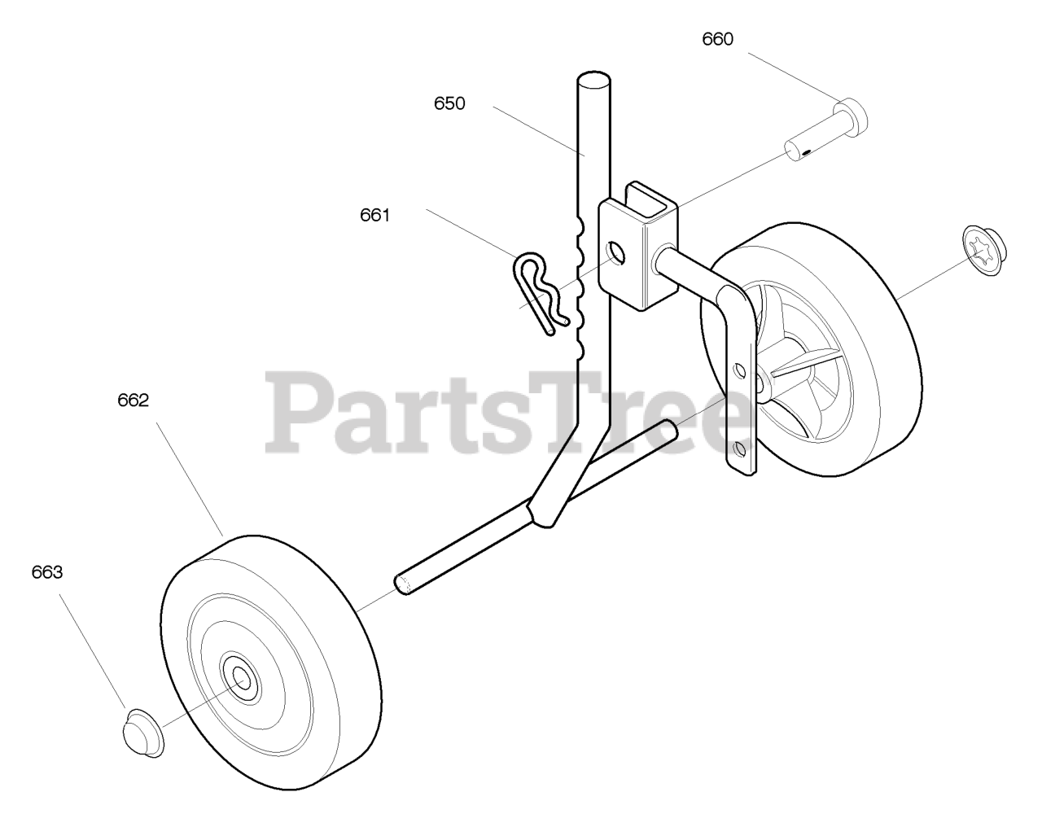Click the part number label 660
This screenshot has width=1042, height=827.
(x=717, y=39)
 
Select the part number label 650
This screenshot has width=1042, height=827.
(x=449, y=103)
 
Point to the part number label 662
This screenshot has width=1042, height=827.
(x=133, y=400)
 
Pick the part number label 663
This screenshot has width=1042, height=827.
(x=46, y=572)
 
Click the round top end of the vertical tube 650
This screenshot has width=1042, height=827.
(x=593, y=81)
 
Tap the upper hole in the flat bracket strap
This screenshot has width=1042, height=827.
(x=739, y=370)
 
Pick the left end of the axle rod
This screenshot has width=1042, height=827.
(x=402, y=582)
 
